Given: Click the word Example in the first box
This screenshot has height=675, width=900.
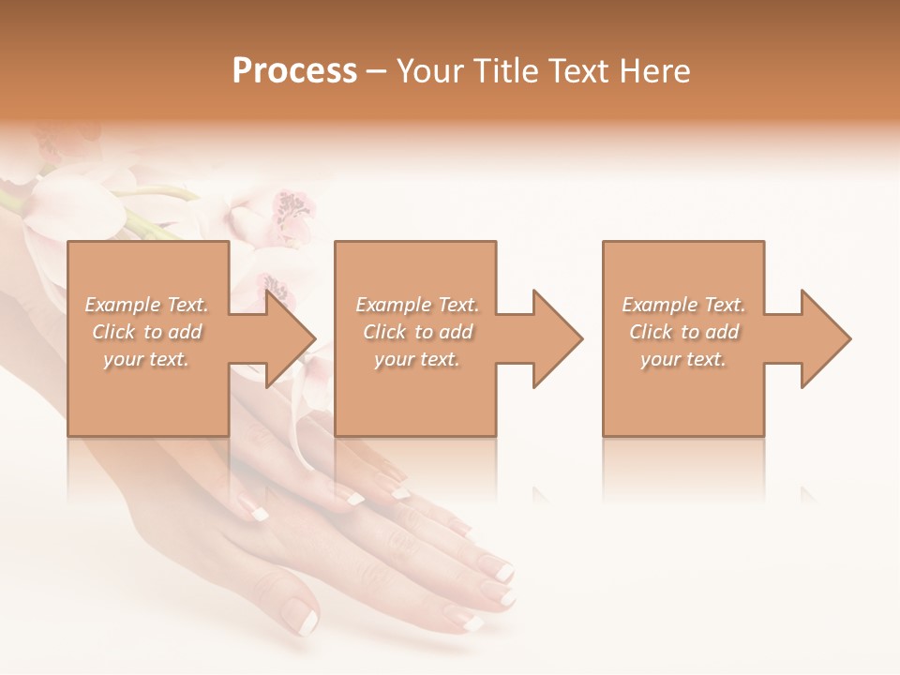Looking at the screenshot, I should tap(120, 305).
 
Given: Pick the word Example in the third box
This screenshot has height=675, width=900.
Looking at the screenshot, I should tap(659, 305).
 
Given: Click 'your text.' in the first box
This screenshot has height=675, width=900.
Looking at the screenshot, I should tap(145, 359).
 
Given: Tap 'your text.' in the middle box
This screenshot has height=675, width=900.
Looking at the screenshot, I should tap(416, 359).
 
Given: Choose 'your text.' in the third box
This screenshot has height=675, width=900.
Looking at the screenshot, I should tap(682, 359).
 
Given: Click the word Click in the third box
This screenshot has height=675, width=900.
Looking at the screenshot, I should tap(650, 332).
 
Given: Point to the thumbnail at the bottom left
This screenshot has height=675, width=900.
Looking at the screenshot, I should tap(302, 616).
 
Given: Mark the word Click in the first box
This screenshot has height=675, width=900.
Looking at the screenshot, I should tap(112, 332).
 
